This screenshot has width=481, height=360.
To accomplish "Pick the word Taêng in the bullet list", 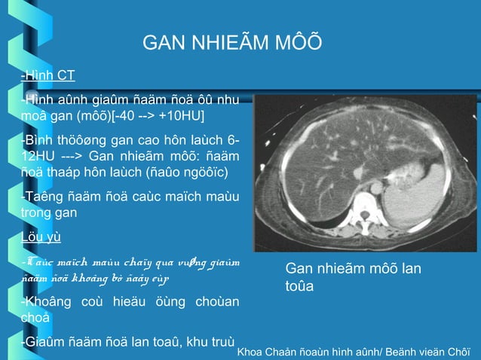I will click(x=39, y=198).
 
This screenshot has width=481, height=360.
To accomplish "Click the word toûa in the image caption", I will click(x=300, y=286).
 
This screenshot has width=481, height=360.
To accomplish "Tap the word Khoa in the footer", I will click(x=252, y=352).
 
